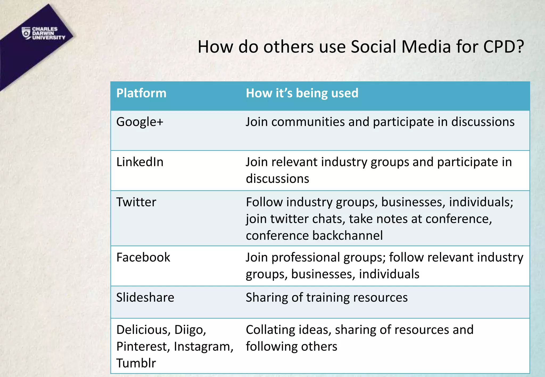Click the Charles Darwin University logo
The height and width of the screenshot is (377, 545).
pos(43,33)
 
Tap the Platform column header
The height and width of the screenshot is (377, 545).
pos(141,93)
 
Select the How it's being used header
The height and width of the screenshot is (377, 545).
pos(302,93)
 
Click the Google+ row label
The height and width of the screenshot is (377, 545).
pos(140,122)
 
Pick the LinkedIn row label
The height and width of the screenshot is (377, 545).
pos(140,162)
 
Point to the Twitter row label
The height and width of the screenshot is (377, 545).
pos(136,202)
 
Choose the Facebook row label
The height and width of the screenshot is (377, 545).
pos(143,257)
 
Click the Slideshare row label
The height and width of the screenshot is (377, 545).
pos(145,298)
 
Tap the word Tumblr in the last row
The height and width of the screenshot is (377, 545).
pos(136,363)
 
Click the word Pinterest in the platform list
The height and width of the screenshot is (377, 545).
pos(143,346)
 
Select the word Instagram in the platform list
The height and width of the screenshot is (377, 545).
pos(204,346)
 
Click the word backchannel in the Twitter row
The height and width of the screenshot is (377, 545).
pos(348,236)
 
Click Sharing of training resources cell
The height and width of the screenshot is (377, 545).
pos(327,298)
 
